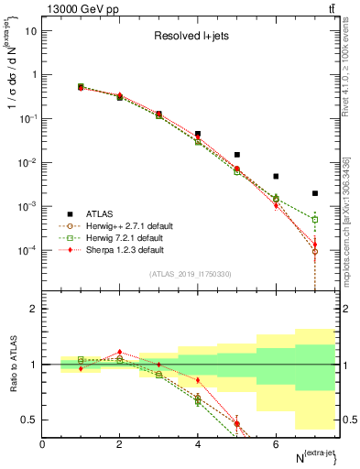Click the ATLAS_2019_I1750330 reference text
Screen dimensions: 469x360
pos(191,274)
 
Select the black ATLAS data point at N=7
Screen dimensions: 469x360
pos(315,193)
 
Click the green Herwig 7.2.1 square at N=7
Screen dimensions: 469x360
pos(315,220)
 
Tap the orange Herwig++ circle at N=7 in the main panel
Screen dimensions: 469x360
pos(315,251)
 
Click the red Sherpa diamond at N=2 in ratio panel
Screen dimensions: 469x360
pos(120,352)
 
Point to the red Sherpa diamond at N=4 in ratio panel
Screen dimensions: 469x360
pos(198,379)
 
